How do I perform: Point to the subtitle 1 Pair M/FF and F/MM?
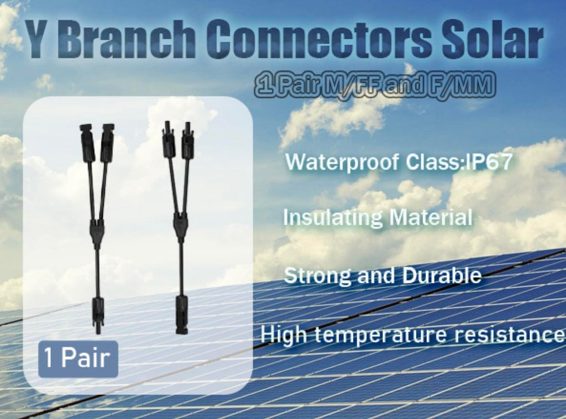[x=375, y=87]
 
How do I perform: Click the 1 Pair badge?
[x=78, y=359]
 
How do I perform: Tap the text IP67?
[x=490, y=163]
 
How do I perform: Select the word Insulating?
[x=331, y=217]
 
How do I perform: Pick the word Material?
[x=429, y=217]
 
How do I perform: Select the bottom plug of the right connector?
[x=181, y=313]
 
